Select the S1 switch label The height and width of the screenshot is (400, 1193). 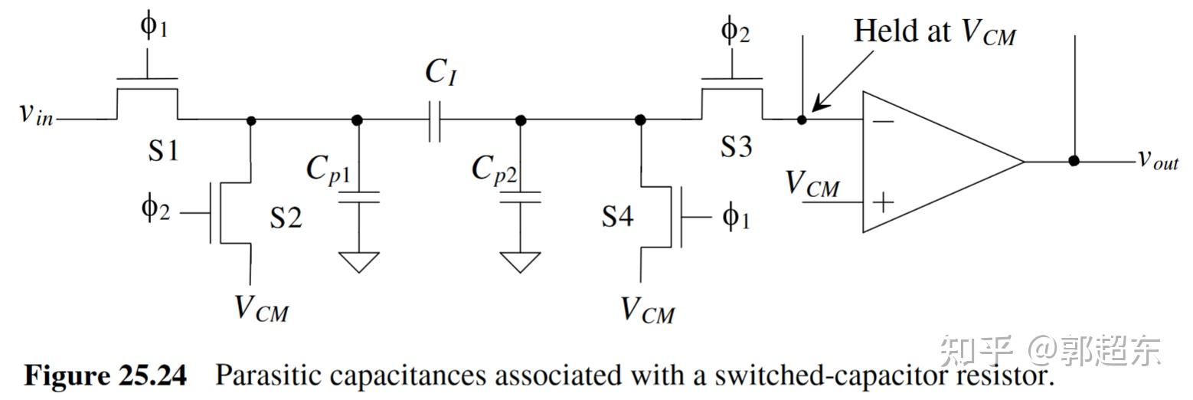[x=163, y=149]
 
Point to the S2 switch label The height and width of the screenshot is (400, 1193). [x=286, y=218]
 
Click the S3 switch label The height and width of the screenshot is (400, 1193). [x=736, y=146]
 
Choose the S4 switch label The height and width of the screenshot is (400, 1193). [x=617, y=217]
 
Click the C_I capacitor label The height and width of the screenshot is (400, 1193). [x=441, y=72]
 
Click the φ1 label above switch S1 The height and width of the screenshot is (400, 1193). [x=152, y=27]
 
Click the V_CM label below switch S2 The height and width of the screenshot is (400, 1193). [x=261, y=309]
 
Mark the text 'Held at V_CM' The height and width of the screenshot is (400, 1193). [x=934, y=32]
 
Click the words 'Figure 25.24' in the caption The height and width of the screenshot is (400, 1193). [x=106, y=375]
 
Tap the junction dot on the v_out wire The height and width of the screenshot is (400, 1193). [x=1074, y=160]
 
